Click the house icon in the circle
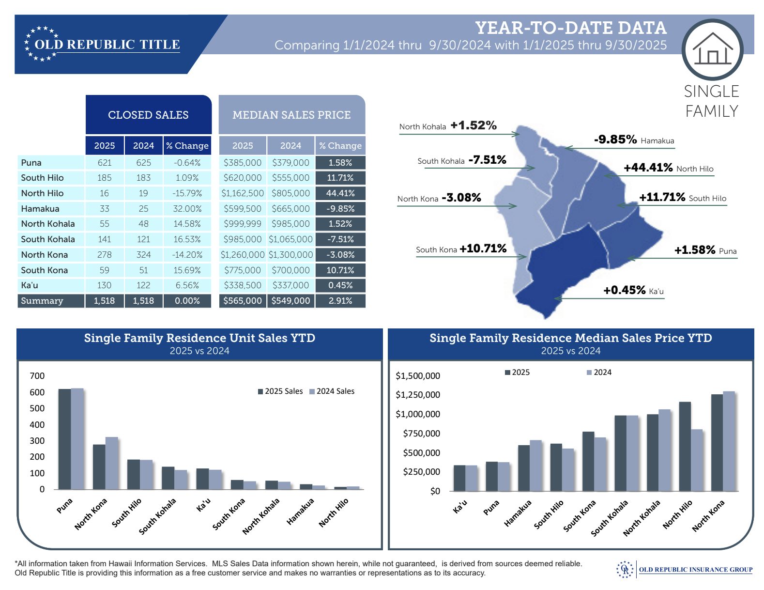[712, 49]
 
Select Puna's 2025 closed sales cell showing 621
[105, 163]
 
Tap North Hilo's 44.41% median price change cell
[340, 193]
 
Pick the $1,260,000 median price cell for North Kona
[243, 255]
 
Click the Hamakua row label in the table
[40, 209]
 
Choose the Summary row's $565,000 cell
[243, 301]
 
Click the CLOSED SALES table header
[148, 115]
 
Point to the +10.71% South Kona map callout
[483, 249]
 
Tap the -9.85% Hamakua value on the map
[615, 140]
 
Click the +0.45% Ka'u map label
[624, 290]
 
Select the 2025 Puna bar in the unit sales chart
[64, 438]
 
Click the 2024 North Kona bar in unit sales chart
[112, 463]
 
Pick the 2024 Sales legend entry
[332, 391]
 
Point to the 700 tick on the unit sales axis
[37, 376]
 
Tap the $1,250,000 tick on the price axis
[418, 395]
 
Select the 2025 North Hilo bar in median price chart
[685, 446]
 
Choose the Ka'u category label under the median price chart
[460, 506]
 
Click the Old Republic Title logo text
[107, 45]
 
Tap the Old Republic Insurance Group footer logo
[685, 570]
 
